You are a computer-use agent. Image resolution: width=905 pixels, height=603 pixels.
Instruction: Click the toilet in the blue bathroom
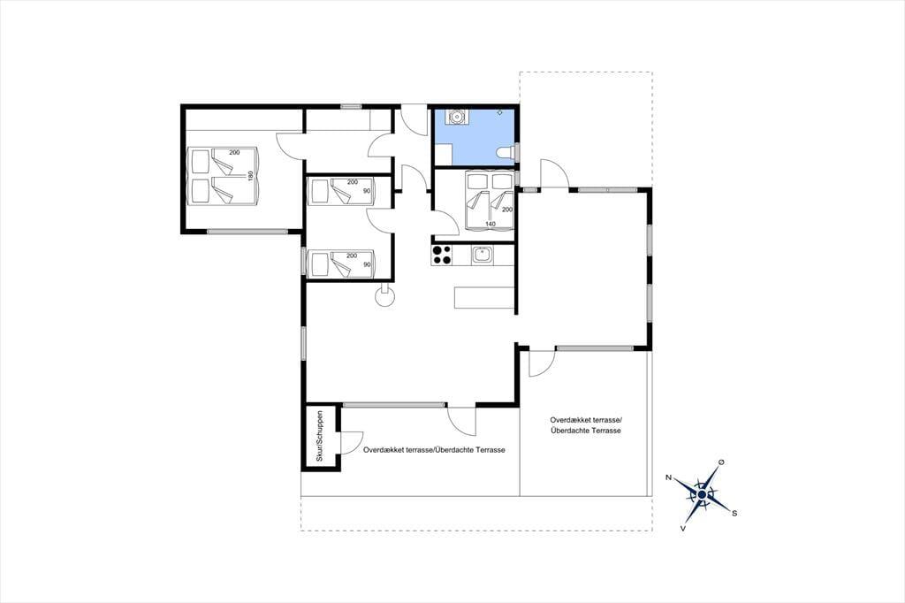(x=505, y=152)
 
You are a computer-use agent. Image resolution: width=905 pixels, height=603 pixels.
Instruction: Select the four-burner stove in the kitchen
(x=442, y=256)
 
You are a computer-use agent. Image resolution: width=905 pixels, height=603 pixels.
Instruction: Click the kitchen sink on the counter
(x=483, y=256)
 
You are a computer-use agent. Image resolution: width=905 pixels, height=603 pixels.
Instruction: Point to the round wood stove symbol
(x=385, y=297)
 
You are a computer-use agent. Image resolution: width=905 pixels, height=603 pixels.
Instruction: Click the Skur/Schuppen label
(x=320, y=436)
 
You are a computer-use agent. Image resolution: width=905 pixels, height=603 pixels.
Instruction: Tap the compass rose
(x=702, y=494)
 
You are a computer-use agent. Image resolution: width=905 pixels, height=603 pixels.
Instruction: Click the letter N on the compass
(x=668, y=477)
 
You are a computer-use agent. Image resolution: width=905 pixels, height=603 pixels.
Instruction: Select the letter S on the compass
(x=734, y=513)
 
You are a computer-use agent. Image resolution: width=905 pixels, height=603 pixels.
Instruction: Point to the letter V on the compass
(x=683, y=528)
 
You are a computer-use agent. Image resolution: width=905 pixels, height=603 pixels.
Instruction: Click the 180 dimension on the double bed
(x=250, y=176)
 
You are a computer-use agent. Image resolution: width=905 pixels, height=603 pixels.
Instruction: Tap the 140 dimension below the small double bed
(x=491, y=224)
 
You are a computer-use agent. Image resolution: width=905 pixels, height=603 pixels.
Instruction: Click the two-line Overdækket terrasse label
(x=585, y=425)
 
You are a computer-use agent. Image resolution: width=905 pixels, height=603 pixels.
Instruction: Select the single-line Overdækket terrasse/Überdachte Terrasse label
(x=434, y=450)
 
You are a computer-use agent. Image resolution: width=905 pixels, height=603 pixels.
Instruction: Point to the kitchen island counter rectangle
(x=484, y=297)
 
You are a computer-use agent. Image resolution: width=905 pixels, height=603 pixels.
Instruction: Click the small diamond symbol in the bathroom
(x=500, y=111)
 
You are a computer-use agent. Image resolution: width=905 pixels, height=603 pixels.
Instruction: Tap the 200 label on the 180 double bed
(x=234, y=152)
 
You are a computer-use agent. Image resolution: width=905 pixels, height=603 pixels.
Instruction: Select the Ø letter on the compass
(x=721, y=462)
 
